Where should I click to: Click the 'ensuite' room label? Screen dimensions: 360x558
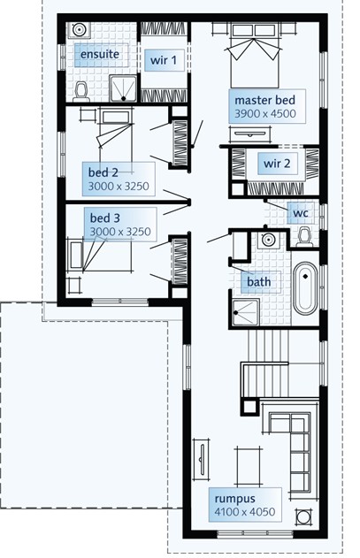(100, 55)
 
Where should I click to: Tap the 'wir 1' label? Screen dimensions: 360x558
(164, 60)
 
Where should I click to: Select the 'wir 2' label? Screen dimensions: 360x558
(277, 164)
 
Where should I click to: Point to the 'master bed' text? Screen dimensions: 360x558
(265, 100)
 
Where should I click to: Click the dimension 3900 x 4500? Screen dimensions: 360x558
(265, 114)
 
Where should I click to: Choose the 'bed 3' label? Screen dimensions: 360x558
(104, 218)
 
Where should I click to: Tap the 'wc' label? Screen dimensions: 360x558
(301, 213)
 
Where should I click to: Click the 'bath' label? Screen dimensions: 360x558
(259, 282)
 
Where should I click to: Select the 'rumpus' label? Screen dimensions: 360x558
(234, 500)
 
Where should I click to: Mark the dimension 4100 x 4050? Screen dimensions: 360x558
(245, 512)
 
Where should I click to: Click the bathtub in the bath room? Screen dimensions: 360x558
(305, 288)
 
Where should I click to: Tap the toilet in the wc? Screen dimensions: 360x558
(304, 237)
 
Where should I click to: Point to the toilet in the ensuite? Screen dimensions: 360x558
(81, 91)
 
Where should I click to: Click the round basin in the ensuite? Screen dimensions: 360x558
(79, 29)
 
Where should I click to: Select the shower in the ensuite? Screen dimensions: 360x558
(123, 88)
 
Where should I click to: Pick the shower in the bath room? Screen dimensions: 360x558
(246, 312)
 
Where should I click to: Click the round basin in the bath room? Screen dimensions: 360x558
(267, 240)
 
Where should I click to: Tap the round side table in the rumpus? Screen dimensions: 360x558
(303, 516)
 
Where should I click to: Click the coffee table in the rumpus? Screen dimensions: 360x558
(247, 466)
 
